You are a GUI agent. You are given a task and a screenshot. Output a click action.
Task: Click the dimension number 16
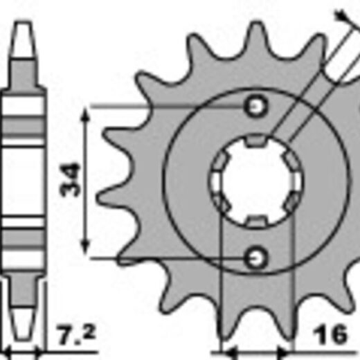(330, 334)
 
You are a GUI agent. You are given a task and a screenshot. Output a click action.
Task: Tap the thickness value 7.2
(75, 334)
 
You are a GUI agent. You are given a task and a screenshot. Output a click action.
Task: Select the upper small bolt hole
(256, 107)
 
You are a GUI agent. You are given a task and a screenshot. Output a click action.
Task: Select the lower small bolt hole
(256, 258)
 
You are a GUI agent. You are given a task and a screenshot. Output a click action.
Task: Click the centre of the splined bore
(256, 181)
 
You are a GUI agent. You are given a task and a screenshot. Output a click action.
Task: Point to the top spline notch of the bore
(256, 141)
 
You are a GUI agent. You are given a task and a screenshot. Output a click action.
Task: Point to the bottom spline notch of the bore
(256, 221)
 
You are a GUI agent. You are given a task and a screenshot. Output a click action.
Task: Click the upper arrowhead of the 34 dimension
(85, 114)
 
